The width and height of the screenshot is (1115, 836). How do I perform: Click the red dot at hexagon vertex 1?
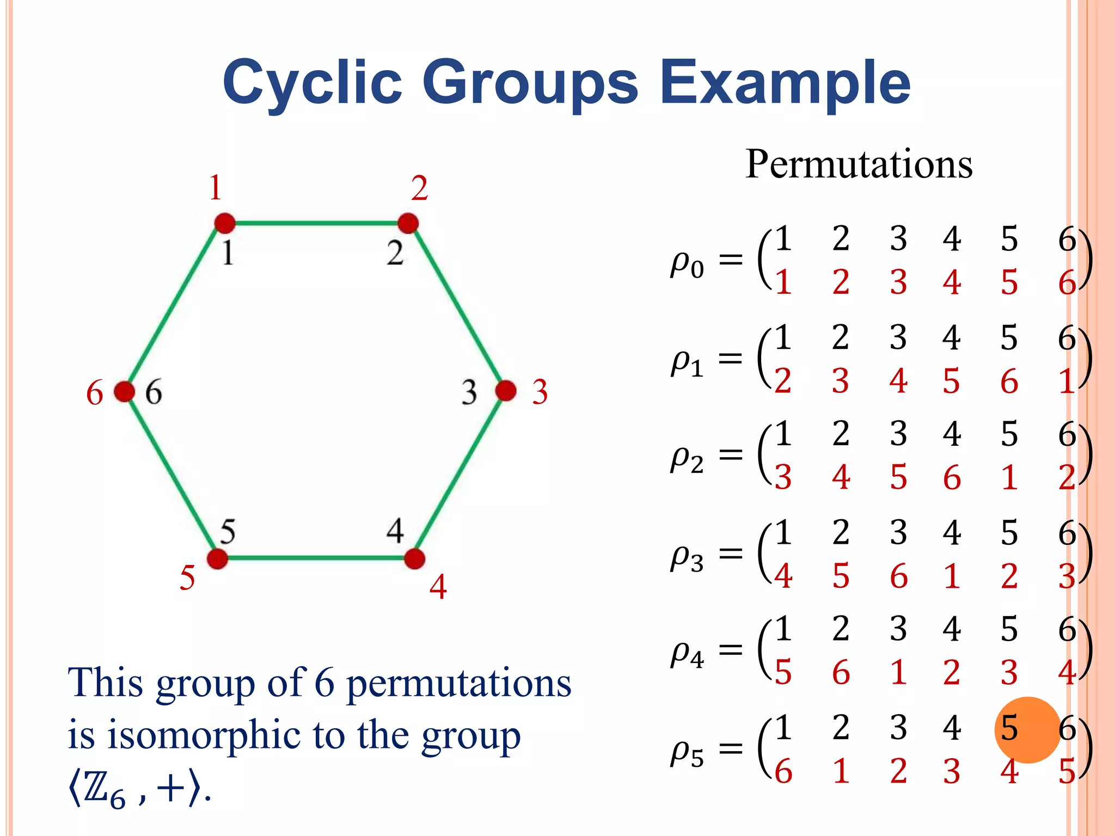224,223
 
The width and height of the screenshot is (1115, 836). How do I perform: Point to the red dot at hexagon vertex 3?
506,390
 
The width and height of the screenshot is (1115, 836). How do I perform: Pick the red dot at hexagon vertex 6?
124,391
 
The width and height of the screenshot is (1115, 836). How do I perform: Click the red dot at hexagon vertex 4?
415,558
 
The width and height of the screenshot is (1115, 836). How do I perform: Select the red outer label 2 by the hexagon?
419,188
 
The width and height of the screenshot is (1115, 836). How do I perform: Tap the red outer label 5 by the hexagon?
187,577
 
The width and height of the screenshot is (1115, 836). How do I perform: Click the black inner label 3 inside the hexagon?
469,392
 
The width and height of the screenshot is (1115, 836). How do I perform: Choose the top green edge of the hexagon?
316,223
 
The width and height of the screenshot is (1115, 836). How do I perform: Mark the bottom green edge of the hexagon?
316,558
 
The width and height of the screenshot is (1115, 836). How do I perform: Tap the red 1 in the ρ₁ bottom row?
1066,381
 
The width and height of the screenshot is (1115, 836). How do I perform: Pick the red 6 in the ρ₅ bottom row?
783,771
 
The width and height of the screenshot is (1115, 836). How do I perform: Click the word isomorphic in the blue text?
205,735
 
